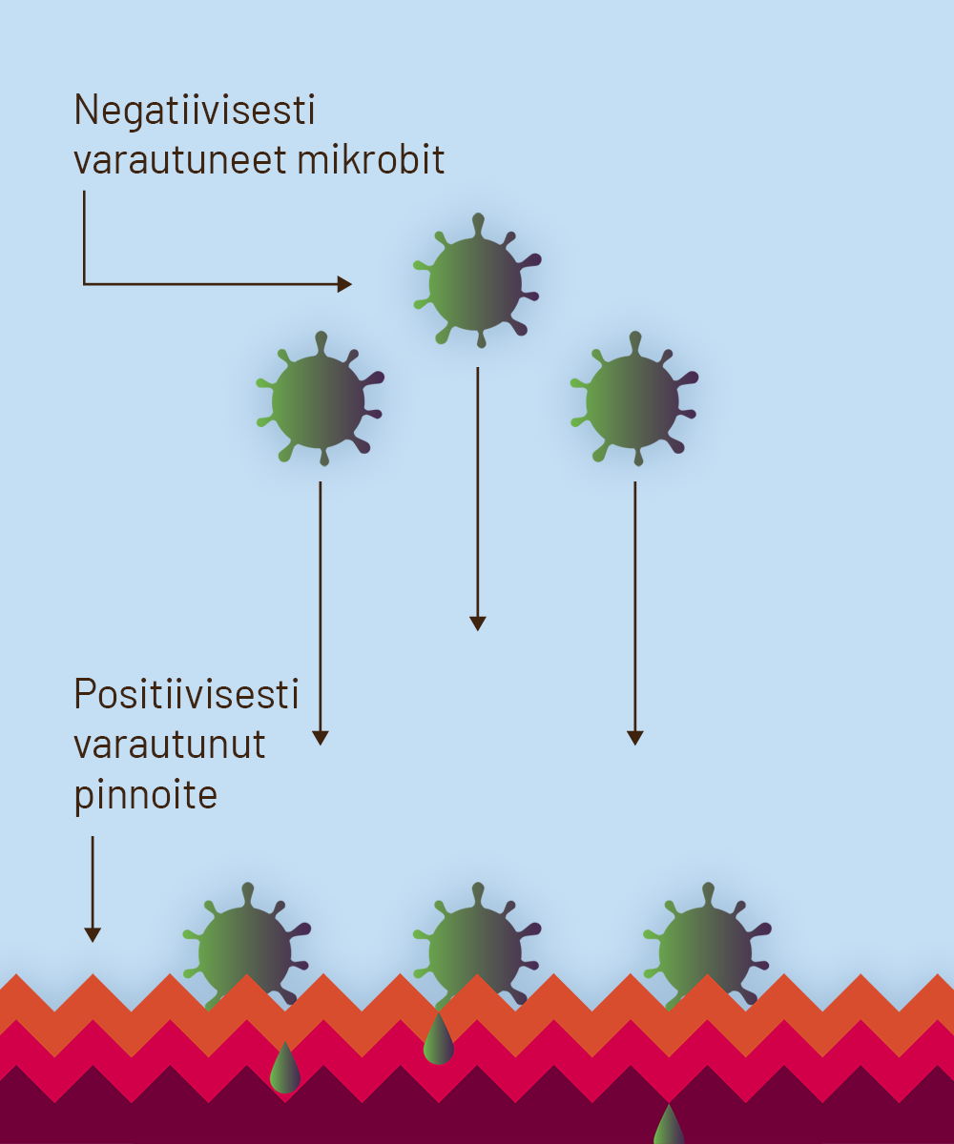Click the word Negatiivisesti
195,112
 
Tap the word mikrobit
371,160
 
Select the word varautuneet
180,160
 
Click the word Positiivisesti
187,694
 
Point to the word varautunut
170,744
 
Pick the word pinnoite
146,794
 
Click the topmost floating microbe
476,283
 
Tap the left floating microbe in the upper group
319,400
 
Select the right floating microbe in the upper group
633,400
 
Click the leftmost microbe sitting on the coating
245,949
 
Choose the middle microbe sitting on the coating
475,949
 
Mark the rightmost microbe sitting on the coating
706,949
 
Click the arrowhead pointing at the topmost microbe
345,284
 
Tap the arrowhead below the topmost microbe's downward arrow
478,623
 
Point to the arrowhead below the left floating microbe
321,738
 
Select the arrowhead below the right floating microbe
635,738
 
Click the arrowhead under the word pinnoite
93,935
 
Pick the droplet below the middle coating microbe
438,1040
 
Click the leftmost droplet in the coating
285,1070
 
